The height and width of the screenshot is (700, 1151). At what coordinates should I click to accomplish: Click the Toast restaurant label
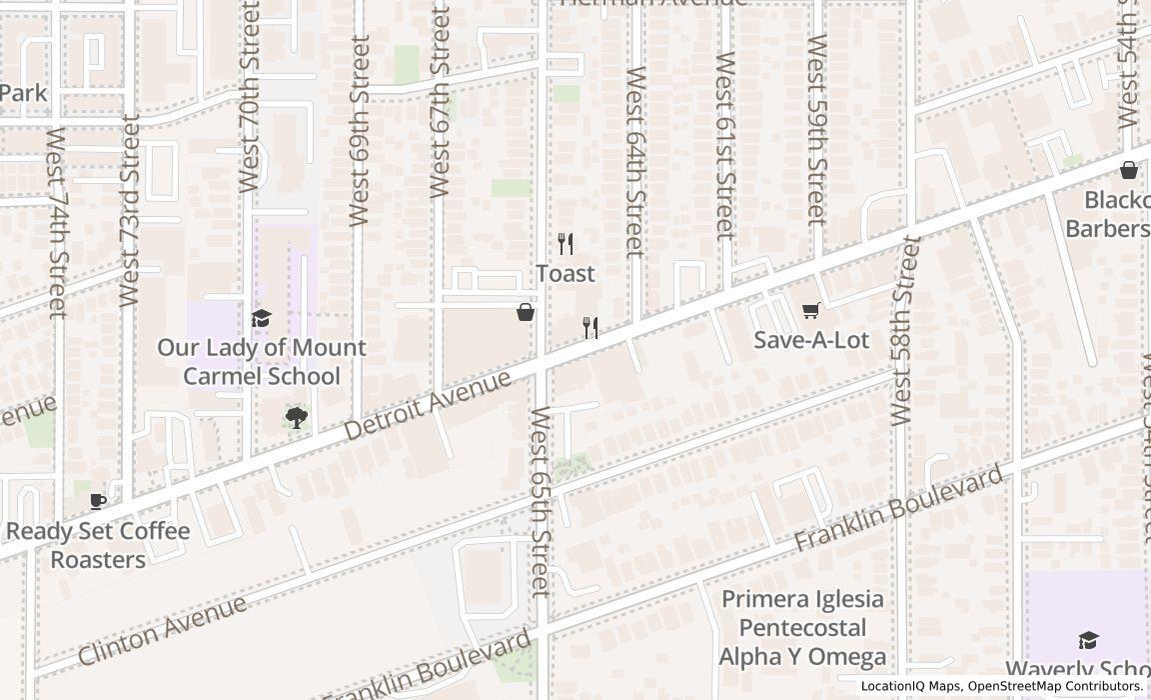565,273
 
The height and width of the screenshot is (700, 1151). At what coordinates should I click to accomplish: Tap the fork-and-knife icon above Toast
565,243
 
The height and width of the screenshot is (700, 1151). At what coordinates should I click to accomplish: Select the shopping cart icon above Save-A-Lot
810,311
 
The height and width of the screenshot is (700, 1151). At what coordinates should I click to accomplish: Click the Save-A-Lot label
810,340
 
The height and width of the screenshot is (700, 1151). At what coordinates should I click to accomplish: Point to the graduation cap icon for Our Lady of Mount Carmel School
261,318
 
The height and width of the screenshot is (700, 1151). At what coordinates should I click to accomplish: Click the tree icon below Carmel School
296,418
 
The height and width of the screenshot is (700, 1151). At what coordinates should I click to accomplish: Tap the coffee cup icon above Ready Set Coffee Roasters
98,501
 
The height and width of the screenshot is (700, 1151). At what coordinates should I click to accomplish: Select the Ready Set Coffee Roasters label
98,545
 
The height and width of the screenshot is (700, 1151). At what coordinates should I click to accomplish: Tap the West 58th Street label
902,330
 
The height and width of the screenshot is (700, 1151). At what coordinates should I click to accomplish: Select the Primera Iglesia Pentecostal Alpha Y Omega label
802,628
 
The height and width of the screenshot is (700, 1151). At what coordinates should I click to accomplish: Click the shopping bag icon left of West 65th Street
526,313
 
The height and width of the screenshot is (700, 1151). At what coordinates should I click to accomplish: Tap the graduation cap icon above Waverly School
1088,640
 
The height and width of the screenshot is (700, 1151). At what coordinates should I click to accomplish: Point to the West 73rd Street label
129,210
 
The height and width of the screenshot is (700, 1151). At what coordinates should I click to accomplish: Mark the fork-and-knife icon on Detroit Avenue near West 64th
590,328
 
